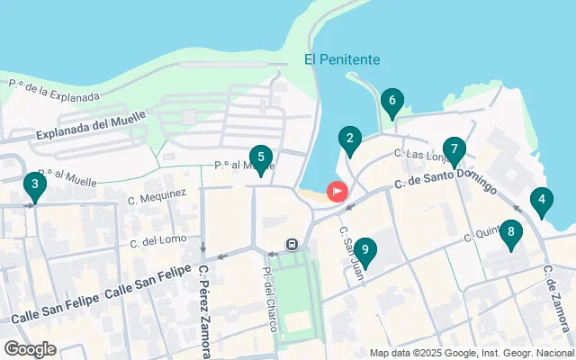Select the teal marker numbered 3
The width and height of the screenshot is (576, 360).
(x=34, y=187)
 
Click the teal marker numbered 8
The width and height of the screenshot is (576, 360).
(x=510, y=235)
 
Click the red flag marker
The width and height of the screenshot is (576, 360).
(x=337, y=192)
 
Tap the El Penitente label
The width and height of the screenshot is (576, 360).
(x=342, y=59)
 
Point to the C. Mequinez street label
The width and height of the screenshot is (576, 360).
(x=157, y=193)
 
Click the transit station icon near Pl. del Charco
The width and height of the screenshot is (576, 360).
(x=292, y=244)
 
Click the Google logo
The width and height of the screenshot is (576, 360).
(x=30, y=349)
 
